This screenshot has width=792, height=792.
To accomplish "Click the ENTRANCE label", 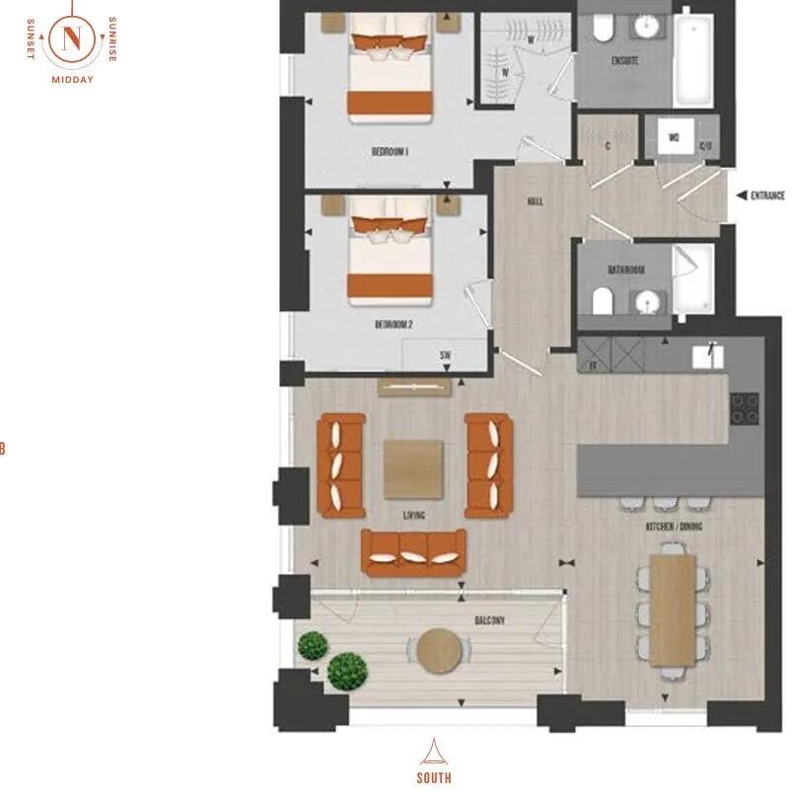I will click(x=767, y=195).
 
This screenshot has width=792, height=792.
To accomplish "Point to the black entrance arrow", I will click(x=739, y=195).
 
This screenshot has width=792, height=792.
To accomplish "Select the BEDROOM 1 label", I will click(x=391, y=152).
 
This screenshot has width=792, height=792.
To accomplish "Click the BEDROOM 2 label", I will click(x=392, y=324).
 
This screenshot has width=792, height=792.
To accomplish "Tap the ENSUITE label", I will click(x=624, y=61).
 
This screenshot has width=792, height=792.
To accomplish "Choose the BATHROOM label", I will click(x=625, y=270).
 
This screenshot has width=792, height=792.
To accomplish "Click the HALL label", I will click(x=536, y=201).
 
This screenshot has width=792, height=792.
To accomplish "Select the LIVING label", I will click(x=413, y=515).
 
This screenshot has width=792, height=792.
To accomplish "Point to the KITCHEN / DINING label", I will click(x=675, y=528).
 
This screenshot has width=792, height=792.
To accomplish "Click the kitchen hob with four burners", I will click(x=744, y=406).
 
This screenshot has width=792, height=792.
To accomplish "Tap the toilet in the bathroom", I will click(x=601, y=300).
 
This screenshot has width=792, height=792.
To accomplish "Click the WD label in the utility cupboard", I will click(x=675, y=137).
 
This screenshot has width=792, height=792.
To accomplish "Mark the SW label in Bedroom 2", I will click(x=446, y=354).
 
